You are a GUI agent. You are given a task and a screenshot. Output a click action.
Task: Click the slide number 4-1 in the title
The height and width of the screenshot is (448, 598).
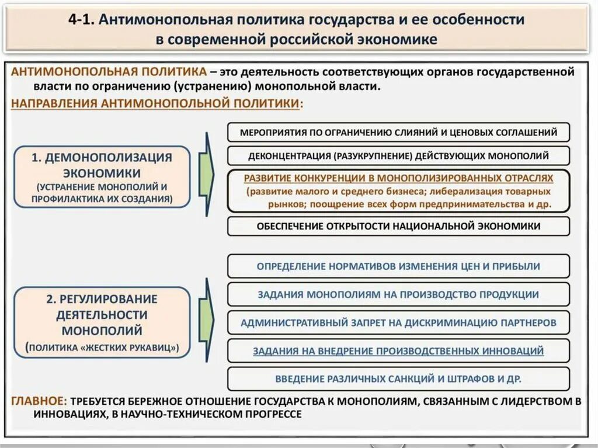(81, 19)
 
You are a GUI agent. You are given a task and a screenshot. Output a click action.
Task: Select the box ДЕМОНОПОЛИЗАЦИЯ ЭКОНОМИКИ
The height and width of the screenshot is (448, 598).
(102, 177)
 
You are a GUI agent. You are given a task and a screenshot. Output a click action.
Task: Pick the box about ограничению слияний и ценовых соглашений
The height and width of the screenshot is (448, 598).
(398, 133)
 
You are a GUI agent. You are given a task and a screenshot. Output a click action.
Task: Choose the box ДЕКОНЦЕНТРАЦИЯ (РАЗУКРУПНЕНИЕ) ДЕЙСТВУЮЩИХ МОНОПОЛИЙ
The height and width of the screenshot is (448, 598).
(398, 156)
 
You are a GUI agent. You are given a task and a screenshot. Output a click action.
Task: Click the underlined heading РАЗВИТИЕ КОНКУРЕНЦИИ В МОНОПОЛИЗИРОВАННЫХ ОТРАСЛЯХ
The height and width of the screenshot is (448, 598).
(398, 178)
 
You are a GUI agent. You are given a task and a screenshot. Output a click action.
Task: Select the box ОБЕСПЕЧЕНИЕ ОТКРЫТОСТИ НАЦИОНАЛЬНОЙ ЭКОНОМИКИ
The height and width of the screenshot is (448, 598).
(398, 226)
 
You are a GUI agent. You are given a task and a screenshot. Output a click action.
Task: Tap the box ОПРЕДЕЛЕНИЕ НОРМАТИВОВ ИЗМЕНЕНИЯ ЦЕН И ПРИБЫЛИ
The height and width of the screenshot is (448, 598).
(398, 266)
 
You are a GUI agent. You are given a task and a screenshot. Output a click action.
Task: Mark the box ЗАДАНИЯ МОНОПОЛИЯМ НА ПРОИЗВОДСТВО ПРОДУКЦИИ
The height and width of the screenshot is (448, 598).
(398, 294)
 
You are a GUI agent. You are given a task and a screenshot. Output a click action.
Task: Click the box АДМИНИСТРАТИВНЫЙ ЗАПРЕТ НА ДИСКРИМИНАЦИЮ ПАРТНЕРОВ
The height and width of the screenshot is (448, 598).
(398, 322)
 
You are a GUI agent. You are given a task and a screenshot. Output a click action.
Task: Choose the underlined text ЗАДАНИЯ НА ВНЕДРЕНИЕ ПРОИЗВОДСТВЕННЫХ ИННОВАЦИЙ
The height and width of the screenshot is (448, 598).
(398, 351)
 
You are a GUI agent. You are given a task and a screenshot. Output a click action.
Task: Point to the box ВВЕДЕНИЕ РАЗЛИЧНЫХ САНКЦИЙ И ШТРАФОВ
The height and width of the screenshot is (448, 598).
(398, 378)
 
